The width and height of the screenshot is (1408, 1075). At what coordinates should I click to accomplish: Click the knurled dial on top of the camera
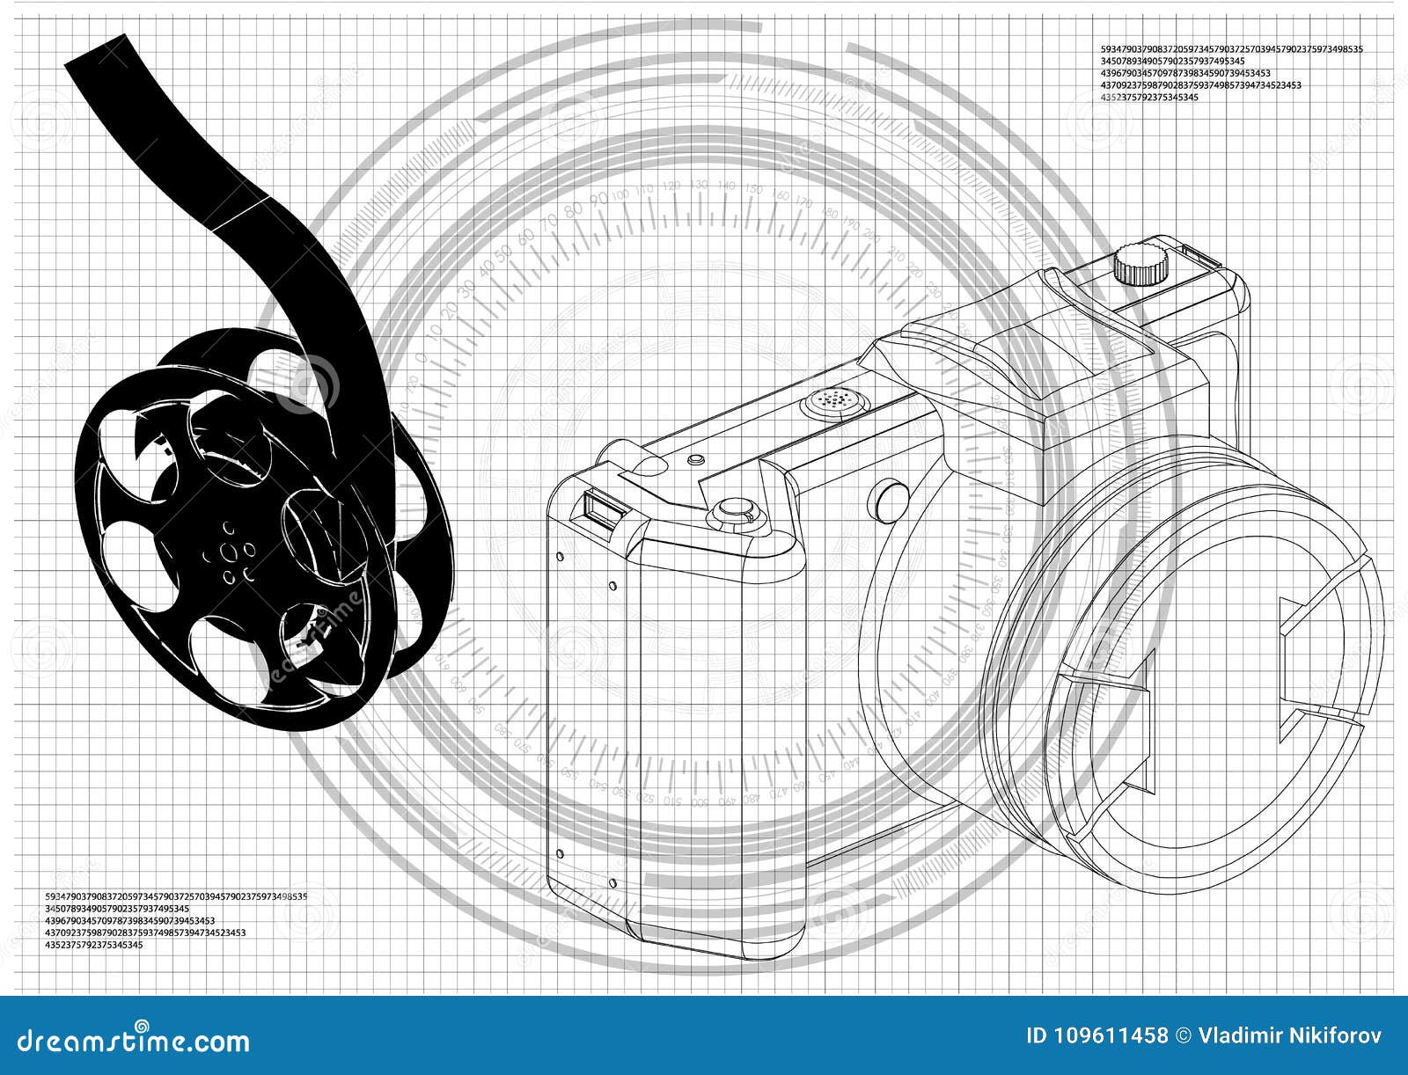[x=1141, y=265]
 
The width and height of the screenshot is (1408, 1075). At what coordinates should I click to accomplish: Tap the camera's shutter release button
[x=735, y=511]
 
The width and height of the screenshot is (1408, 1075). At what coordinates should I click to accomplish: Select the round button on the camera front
[x=890, y=499]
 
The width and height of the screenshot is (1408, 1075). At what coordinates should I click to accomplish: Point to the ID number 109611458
[x=1096, y=1035]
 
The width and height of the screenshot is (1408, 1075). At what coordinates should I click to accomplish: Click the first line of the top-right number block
[x=1231, y=49]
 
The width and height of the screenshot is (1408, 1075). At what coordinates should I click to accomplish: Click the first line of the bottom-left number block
[x=175, y=896]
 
